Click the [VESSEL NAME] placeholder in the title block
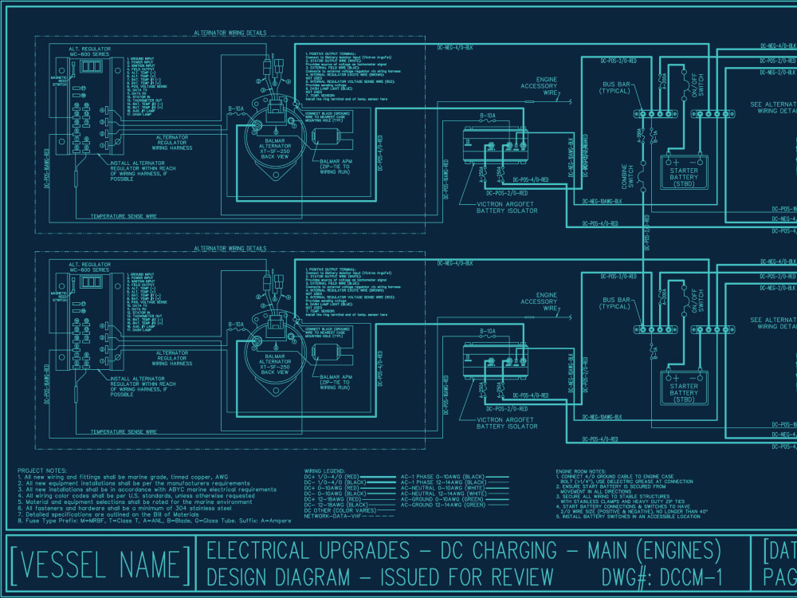pos(102,565)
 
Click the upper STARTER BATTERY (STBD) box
pos(684,169)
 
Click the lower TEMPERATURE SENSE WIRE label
pos(123,431)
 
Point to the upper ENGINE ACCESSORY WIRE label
pos(540,86)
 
